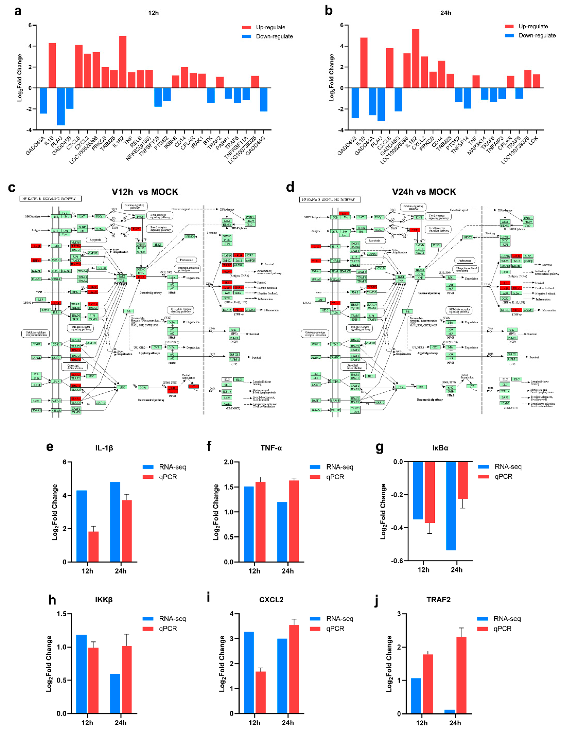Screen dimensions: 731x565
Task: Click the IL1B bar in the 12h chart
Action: [52, 66]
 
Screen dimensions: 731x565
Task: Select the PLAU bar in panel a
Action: [61, 106]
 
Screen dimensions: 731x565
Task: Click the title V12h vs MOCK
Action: [145, 192]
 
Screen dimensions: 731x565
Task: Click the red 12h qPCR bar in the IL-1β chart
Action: [93, 547]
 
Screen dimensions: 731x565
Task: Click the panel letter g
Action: [380, 447]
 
